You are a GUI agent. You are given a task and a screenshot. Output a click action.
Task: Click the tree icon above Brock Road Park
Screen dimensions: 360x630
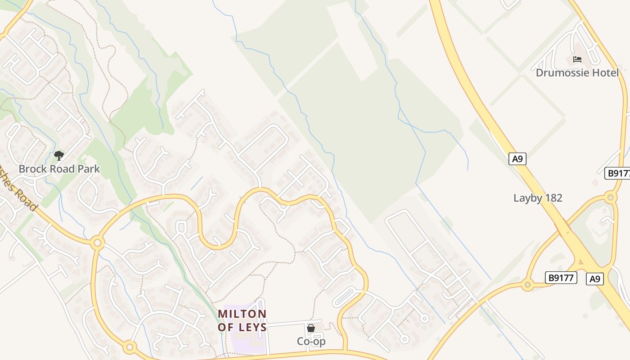tap(58, 156)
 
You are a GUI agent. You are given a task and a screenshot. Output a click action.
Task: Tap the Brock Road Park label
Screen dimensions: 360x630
tap(59, 169)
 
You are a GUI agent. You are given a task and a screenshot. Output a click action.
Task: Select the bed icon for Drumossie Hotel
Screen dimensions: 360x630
tap(577, 59)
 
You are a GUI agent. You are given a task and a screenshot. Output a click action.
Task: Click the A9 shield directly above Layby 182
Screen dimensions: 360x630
tap(517, 158)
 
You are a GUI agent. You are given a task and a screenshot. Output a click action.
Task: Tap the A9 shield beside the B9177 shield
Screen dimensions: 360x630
tap(595, 279)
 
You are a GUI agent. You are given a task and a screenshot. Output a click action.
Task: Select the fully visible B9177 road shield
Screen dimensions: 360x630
tap(561, 278)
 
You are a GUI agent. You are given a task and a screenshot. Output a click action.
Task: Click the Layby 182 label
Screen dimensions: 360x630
tap(538, 198)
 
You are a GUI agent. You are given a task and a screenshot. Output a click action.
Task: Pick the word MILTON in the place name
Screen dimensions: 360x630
tap(242, 314)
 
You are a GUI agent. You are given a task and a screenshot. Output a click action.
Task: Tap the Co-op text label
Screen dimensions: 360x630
tap(311, 342)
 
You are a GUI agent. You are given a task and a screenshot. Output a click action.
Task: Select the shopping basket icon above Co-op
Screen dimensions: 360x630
tap(310, 328)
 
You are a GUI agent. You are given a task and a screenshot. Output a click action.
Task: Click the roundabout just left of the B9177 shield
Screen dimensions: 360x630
tap(527, 284)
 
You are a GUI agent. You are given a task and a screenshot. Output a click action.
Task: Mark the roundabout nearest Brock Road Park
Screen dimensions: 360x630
tap(97, 243)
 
